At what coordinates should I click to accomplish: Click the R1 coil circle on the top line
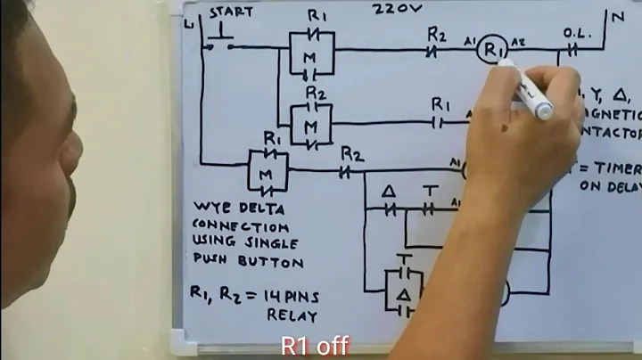pos(490,51)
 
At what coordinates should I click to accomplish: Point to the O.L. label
pos(574,33)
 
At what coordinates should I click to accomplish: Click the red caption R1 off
pos(315,346)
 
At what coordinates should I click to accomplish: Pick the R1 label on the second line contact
pos(440,104)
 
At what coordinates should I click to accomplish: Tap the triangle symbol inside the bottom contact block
pos(402,292)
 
